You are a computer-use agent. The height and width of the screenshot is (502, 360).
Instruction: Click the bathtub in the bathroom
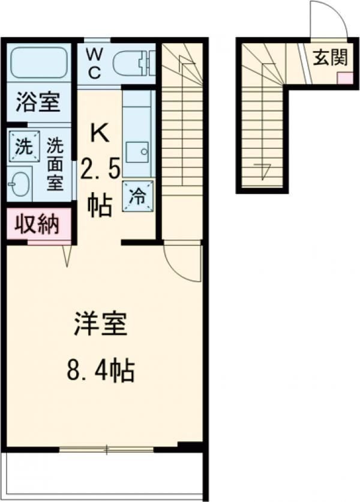point(38,63)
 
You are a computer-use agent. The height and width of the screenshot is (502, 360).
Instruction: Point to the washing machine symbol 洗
point(22,146)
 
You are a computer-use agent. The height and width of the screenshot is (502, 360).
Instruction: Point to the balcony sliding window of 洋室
point(106,447)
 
